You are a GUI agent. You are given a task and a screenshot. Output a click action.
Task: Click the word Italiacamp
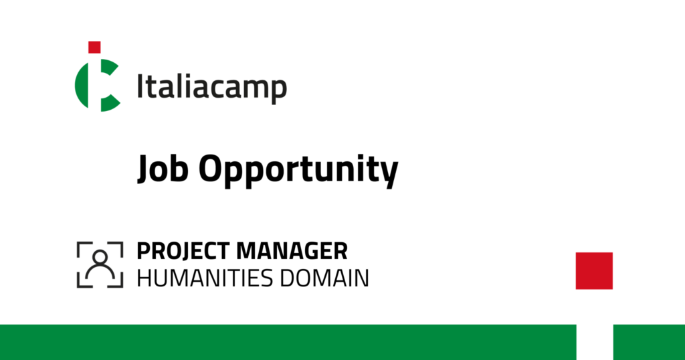pos(212,88)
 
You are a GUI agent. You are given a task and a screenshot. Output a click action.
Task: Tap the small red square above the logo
pos(94,48)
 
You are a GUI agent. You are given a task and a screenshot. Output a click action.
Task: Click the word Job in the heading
pos(163,169)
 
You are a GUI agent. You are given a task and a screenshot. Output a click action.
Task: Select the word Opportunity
pos(298,171)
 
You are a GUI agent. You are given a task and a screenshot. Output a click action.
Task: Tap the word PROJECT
pos(183,251)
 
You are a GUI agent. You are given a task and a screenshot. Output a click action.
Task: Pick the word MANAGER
pos(292,251)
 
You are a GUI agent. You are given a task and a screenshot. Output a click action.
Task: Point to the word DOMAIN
pos(324,278)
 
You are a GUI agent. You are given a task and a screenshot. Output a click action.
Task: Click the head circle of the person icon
pos(100,257)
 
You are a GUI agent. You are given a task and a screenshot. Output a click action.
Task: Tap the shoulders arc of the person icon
pos(100,272)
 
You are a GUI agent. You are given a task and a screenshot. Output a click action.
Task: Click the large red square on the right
pos(594,271)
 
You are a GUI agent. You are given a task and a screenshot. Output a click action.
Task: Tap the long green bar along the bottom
pos(288,342)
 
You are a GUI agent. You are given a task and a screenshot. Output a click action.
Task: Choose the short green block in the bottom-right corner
pos(649,342)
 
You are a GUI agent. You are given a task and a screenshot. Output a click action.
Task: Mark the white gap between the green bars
pos(595,342)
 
